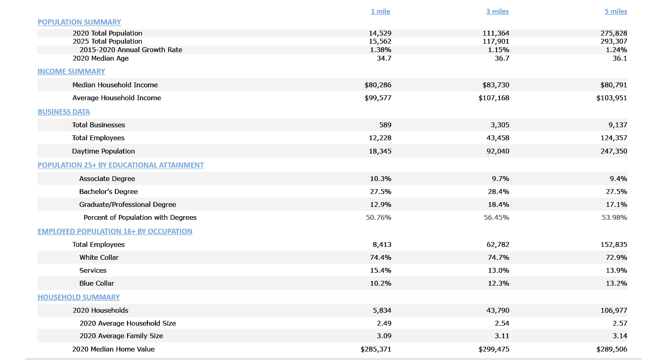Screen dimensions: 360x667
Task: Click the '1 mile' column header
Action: [x=380, y=11]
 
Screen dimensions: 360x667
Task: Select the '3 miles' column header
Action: [x=497, y=11]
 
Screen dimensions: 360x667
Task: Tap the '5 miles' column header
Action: [x=616, y=11]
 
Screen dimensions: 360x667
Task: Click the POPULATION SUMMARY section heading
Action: [x=79, y=22]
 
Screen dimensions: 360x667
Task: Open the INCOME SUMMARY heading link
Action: [x=71, y=72]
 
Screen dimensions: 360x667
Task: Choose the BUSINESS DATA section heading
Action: [x=64, y=112]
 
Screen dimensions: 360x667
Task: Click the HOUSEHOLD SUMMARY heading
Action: [x=79, y=297]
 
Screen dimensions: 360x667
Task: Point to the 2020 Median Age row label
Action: [x=101, y=58]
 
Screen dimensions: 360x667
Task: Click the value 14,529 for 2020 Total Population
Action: [x=380, y=33]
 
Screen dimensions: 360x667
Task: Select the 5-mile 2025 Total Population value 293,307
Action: [x=614, y=41]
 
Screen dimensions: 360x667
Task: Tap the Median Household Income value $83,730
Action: [x=496, y=85]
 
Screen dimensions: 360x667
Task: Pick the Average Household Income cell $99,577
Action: [x=378, y=98]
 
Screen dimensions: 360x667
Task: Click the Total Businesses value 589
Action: [x=385, y=125]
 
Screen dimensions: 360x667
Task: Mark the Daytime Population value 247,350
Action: [x=614, y=151]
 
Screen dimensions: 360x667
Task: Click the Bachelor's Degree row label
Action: [x=108, y=192]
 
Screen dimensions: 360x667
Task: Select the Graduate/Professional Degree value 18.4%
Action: [x=498, y=204]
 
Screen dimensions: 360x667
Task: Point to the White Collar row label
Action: [x=99, y=257]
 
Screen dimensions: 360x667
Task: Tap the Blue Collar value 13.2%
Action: [x=616, y=283]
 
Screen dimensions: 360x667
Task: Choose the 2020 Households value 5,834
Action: [x=382, y=310]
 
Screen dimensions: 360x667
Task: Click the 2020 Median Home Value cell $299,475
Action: [x=494, y=349]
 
